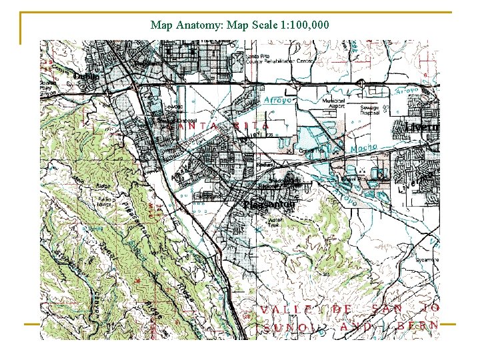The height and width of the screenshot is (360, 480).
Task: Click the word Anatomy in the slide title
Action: coord(201,26)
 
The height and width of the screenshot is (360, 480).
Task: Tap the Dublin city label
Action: coord(86,77)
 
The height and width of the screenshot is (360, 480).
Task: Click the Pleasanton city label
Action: coord(268,205)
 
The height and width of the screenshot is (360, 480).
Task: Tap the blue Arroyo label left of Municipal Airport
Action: coord(279,101)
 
